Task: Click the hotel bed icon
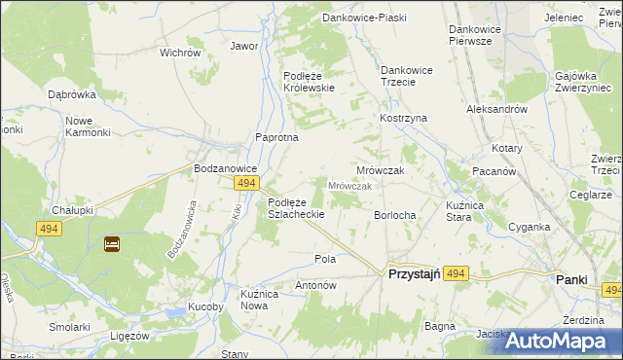111,244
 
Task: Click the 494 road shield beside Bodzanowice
246,183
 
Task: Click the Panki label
571,279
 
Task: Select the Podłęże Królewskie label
310,82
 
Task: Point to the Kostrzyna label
403,118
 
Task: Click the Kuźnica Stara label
446,210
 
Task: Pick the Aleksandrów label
497,110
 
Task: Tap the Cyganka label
530,227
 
